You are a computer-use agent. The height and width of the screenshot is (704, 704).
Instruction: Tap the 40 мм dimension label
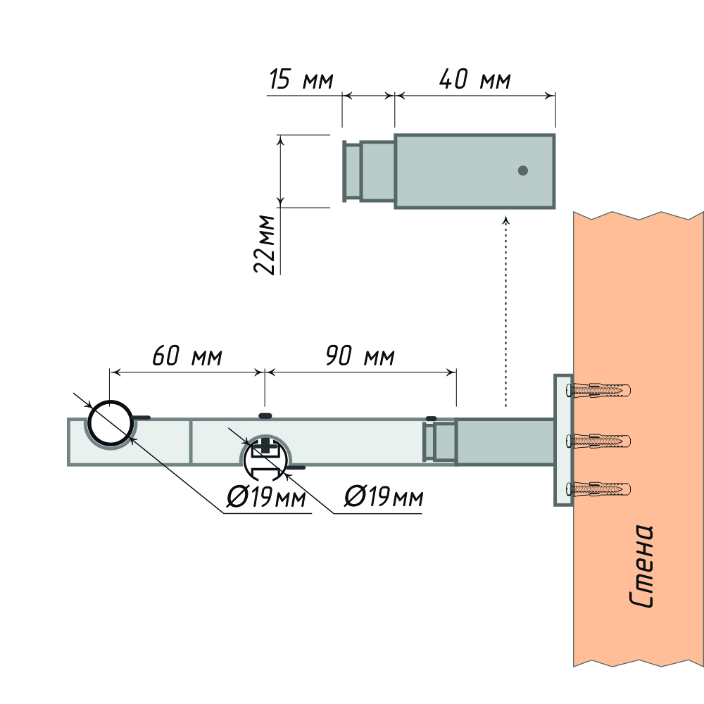(474, 80)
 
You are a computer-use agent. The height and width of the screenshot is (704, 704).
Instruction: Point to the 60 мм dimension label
(187, 356)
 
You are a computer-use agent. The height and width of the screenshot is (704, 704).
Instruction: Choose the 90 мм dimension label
(360, 356)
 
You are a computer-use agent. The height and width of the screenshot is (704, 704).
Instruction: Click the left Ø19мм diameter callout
(266, 499)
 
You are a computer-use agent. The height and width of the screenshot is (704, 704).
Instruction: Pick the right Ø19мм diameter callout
(384, 498)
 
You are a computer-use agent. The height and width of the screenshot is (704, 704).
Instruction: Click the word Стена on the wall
(642, 567)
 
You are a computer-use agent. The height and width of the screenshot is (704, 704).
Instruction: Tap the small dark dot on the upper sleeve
(522, 170)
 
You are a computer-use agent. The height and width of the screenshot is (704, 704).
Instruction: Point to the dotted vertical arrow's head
(505, 220)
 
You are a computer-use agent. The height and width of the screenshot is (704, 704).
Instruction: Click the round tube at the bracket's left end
(110, 424)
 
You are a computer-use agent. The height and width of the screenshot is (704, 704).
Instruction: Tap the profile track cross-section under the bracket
(265, 458)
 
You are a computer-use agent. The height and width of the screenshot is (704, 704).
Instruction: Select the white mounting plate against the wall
(563, 441)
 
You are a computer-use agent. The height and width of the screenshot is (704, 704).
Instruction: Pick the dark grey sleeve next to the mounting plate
(504, 442)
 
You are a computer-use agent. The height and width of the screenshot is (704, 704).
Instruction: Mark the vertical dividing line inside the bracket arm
(190, 442)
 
